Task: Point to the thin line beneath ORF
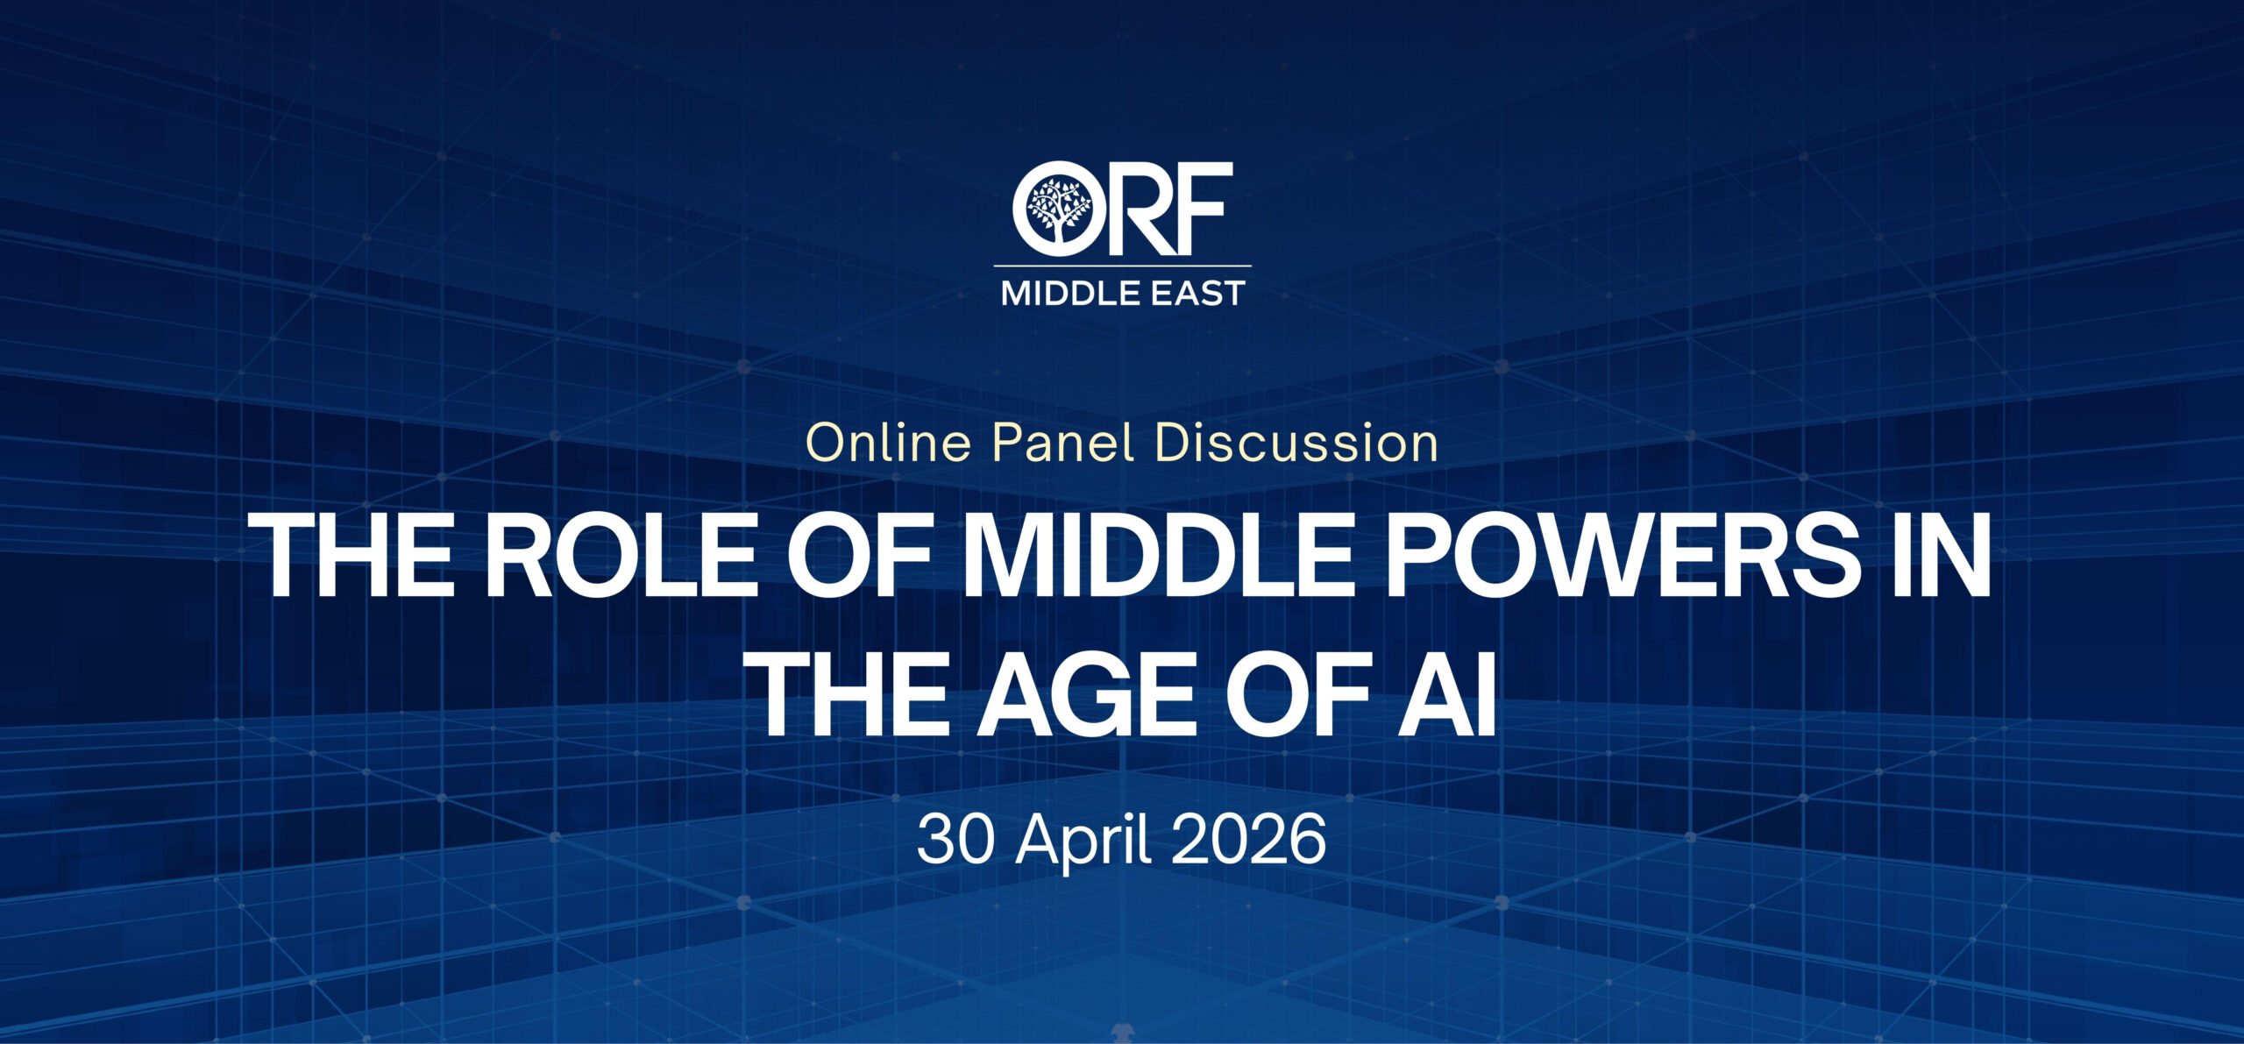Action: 1122,266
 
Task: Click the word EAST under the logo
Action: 1201,294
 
